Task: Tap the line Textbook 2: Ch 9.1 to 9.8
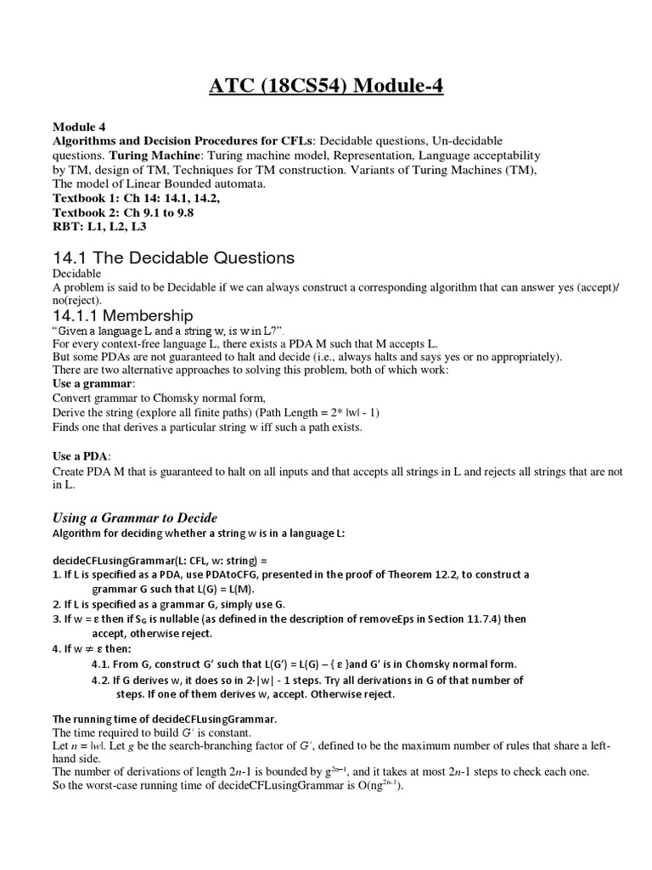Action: (x=123, y=212)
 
